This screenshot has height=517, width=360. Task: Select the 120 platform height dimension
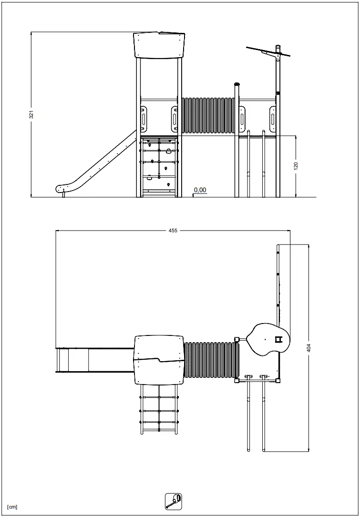coord(296,166)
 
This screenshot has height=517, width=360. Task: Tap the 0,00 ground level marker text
coord(200,190)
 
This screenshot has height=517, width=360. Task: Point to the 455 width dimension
coord(173,231)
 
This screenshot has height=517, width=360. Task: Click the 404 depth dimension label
coord(309,348)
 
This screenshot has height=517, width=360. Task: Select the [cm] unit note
coord(12,507)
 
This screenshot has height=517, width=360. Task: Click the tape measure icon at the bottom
coord(173,501)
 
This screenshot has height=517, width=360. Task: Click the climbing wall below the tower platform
coord(159,165)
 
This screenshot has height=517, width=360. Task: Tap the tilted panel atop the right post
coord(268,52)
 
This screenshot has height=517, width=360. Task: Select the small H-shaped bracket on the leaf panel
coord(279,339)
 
